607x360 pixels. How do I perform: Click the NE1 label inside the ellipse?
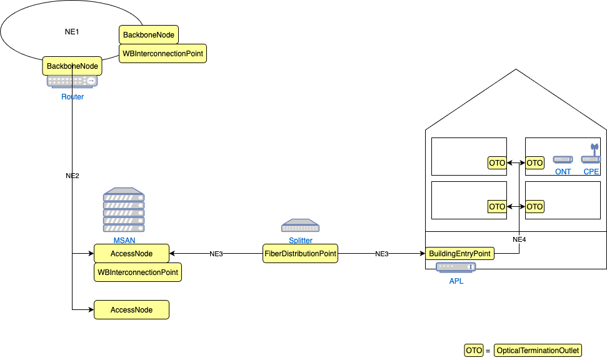pyautogui.click(x=73, y=31)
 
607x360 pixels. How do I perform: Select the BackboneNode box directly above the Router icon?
pyautogui.click(x=73, y=66)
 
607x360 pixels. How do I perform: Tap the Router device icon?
pyautogui.click(x=73, y=81)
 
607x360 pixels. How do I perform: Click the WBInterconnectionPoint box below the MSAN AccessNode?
pyautogui.click(x=138, y=272)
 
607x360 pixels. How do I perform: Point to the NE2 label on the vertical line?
pyautogui.click(x=73, y=176)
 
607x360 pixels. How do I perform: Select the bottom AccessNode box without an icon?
pyautogui.click(x=131, y=309)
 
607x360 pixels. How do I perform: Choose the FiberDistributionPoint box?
pyautogui.click(x=301, y=254)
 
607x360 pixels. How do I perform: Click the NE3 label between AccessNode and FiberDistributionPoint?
pyautogui.click(x=216, y=254)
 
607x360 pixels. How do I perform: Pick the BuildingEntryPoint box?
pyautogui.click(x=460, y=254)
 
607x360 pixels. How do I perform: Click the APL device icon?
pyautogui.click(x=456, y=267)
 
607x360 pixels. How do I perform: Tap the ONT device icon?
pyautogui.click(x=563, y=160)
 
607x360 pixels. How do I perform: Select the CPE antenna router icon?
pyautogui.click(x=591, y=154)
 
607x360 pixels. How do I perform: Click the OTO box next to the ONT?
pyautogui.click(x=534, y=163)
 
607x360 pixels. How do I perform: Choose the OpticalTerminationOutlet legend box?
pyautogui.click(x=538, y=351)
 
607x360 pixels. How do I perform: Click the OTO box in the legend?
pyautogui.click(x=473, y=351)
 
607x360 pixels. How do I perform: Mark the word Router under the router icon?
pyautogui.click(x=73, y=97)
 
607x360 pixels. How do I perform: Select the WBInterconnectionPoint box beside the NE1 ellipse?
pyautogui.click(x=163, y=54)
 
